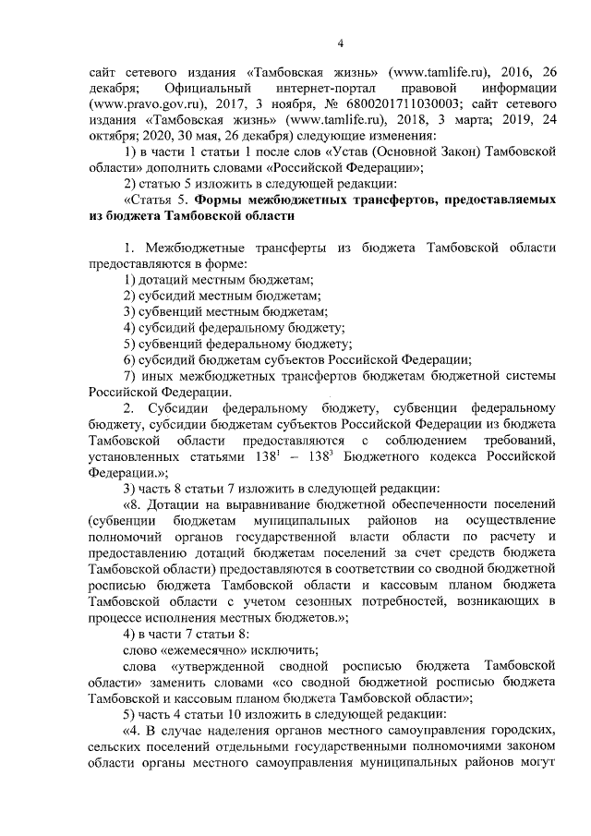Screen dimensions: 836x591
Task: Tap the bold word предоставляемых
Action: (501, 200)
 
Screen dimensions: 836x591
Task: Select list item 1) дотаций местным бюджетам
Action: (218, 279)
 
